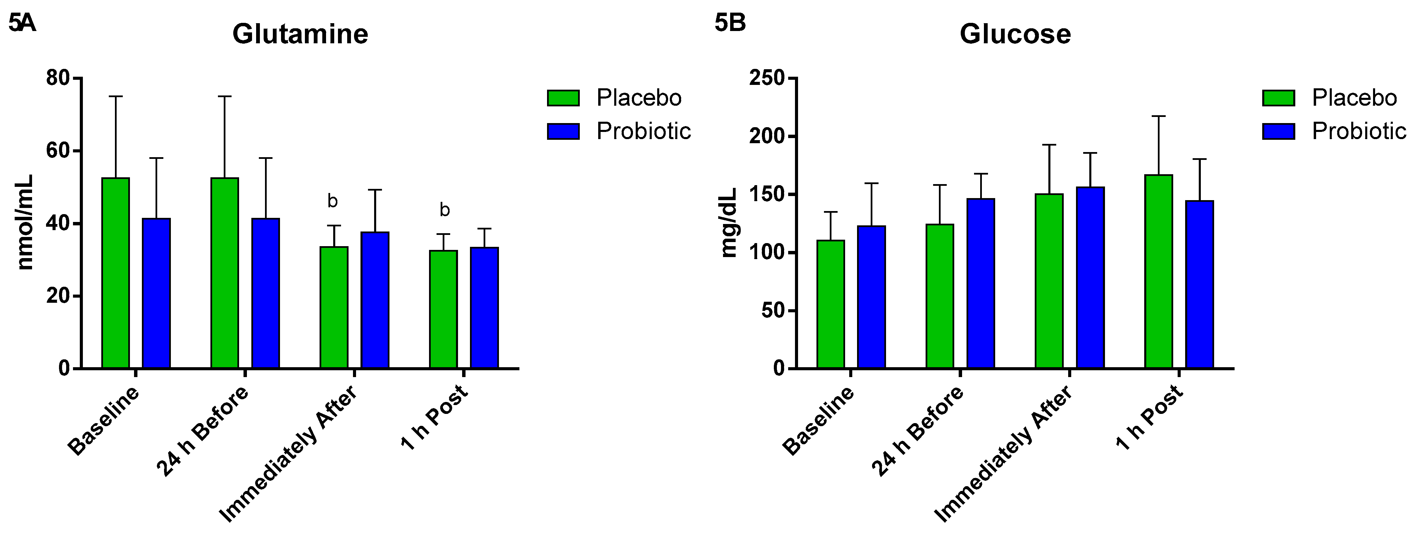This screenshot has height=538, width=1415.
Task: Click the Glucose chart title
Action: click(x=1015, y=34)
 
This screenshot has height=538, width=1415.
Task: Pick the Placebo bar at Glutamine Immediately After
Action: click(x=334, y=308)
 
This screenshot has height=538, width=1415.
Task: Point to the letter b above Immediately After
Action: click(x=332, y=201)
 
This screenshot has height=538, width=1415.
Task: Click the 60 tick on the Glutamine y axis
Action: click(x=58, y=151)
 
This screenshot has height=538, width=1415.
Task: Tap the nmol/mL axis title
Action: click(x=26, y=222)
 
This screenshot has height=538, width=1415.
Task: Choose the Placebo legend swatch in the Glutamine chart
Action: click(x=563, y=98)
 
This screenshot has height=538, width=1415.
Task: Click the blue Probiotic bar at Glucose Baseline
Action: click(x=871, y=297)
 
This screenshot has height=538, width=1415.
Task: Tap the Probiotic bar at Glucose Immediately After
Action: click(x=1090, y=277)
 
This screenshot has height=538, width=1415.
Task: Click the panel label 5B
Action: click(x=730, y=23)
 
